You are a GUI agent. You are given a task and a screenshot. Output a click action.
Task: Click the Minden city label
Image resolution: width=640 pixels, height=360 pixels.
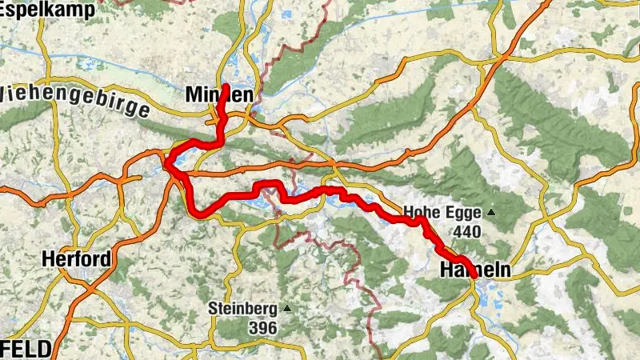point(219,95)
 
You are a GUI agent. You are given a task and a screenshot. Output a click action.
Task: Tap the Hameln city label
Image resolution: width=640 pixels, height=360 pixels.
point(474,271)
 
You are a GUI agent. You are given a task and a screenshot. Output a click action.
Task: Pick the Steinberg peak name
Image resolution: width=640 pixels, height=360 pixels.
point(242,308)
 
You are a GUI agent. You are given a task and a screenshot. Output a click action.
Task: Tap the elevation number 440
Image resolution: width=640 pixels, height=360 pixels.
point(466,232)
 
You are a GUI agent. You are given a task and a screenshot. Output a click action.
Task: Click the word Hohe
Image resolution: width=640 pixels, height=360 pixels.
point(421,213)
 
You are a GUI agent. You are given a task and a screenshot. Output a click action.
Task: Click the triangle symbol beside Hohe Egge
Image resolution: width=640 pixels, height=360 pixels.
point(490,213)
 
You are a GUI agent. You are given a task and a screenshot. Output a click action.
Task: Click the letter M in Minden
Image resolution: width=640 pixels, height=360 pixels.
point(193,95)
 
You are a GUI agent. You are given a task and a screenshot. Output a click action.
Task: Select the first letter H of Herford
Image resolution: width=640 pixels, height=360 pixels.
point(47,261)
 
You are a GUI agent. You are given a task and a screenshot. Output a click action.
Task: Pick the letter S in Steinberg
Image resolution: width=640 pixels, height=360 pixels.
point(213,308)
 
